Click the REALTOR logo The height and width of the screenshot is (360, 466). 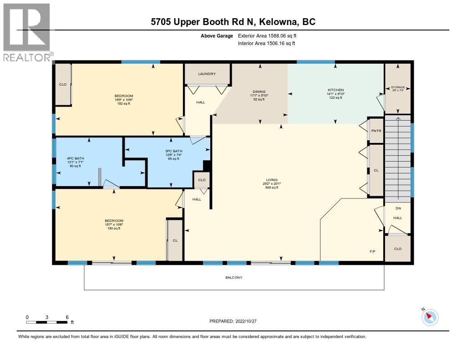[x=27, y=32]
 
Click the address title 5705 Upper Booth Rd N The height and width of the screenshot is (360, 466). [x=233, y=21]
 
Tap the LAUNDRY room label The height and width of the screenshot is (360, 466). [x=207, y=74]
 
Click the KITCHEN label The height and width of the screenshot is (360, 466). [x=336, y=90]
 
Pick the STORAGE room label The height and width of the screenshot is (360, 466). [x=398, y=87]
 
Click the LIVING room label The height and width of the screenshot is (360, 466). [x=272, y=180]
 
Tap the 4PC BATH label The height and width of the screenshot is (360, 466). [x=75, y=158]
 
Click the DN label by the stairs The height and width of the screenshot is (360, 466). [x=398, y=208]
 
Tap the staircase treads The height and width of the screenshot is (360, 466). [x=398, y=155]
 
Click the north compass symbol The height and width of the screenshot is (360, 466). [x=430, y=317]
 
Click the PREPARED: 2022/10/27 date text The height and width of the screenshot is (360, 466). [x=233, y=321]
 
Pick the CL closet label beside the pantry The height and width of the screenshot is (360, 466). [x=376, y=170]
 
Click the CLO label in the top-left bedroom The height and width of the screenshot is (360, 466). [x=63, y=84]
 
